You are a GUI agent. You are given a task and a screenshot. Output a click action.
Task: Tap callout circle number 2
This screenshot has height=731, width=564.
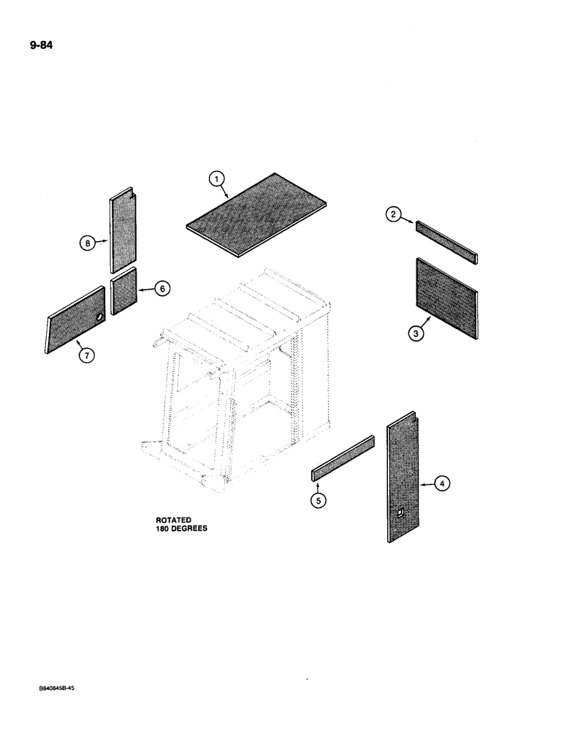[x=394, y=214]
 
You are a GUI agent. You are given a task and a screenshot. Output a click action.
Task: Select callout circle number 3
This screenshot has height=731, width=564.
[x=414, y=333]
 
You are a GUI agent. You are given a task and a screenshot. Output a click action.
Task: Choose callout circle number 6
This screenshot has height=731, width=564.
[x=162, y=289]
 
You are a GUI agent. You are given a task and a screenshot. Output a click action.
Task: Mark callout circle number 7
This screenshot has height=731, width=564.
[x=85, y=355]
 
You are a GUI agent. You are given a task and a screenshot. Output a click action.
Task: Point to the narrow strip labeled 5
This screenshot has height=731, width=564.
[x=343, y=459]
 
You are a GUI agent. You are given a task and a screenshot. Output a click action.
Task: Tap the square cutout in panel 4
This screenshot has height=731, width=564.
[x=400, y=516]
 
